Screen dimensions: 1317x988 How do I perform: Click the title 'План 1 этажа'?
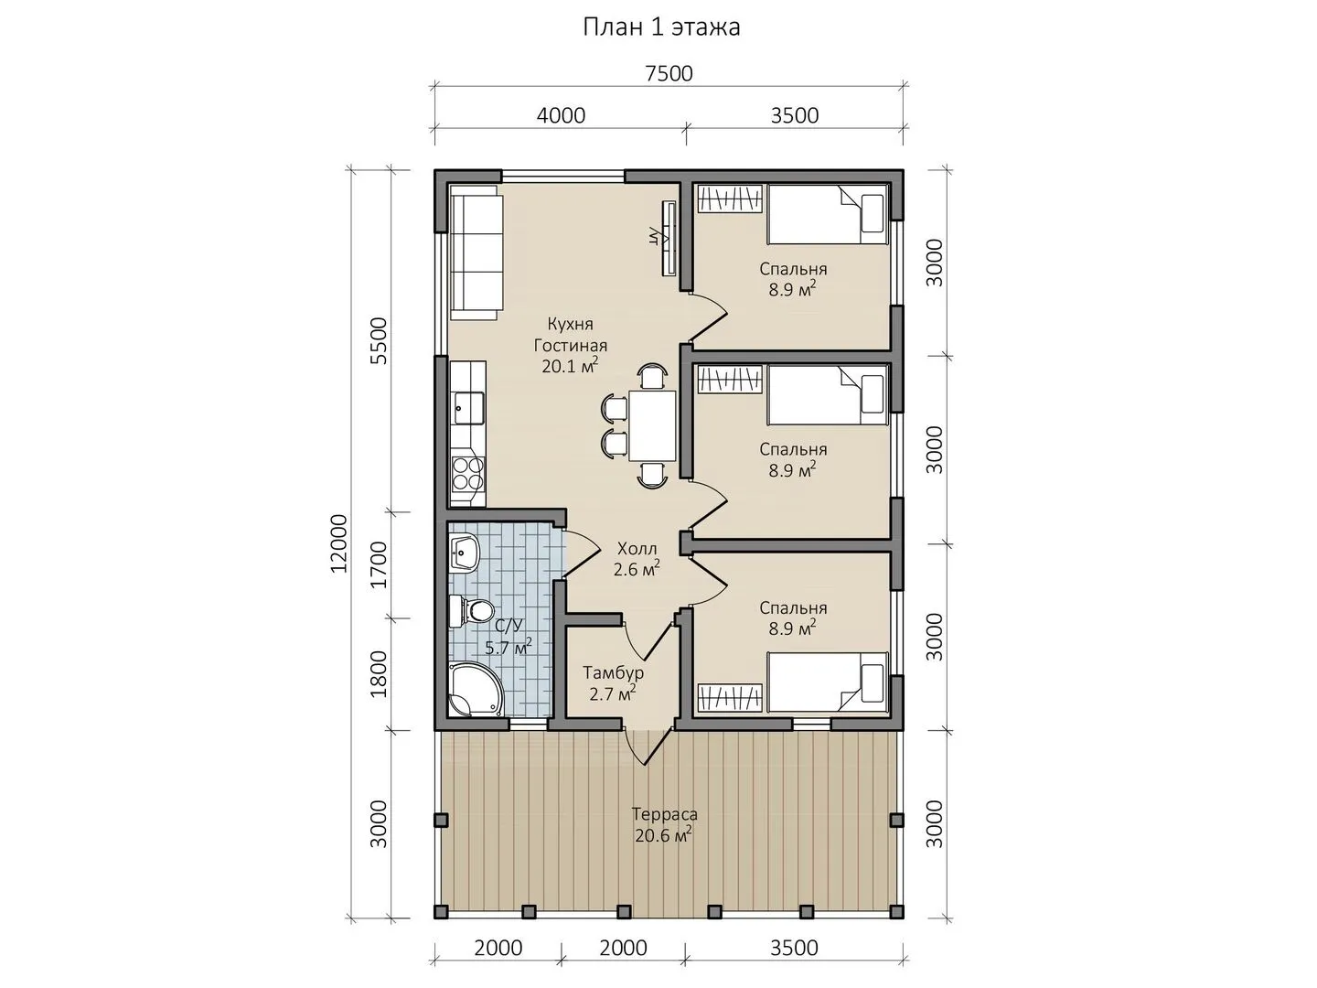(661, 27)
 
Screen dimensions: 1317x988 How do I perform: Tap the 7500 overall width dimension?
(669, 74)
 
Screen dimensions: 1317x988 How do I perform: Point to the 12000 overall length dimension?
(339, 543)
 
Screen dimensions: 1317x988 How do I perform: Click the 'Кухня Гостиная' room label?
(571, 335)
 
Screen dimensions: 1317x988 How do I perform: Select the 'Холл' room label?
(637, 548)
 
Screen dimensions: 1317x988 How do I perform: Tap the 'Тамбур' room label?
(613, 672)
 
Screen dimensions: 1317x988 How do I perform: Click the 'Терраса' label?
(665, 814)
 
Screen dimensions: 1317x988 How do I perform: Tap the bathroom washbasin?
(465, 552)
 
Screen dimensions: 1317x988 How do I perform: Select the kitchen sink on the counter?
(468, 408)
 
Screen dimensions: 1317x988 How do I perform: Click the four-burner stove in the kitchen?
(468, 473)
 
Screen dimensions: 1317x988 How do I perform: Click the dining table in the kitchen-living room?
(652, 425)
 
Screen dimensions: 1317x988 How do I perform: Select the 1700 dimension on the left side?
(380, 565)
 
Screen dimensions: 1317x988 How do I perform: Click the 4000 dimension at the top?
(561, 115)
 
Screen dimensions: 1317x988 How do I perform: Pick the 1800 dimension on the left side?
(380, 674)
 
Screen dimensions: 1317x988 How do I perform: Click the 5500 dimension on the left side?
(380, 340)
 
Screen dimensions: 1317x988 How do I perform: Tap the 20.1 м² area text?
(570, 366)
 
